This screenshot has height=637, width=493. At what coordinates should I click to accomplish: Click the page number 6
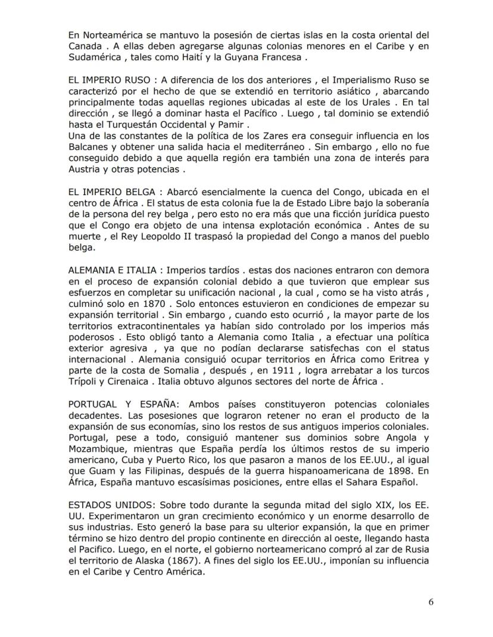point(430,601)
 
